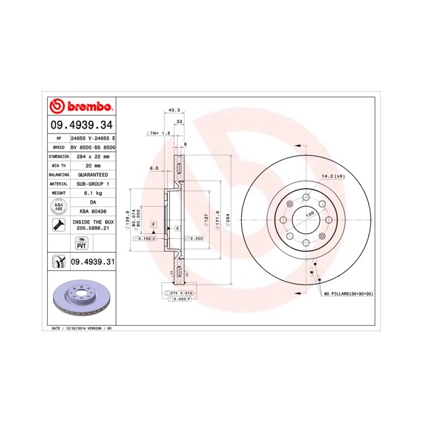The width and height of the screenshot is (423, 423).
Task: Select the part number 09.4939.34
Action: pos(81,126)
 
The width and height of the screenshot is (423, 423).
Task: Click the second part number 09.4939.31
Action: pos(92,261)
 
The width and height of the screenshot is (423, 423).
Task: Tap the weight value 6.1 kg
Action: pos(92,192)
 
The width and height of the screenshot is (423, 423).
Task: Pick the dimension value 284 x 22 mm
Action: pos(92,156)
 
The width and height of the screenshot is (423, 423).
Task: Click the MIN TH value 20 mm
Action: pos(92,165)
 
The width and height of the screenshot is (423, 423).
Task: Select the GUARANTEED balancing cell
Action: pos(92,174)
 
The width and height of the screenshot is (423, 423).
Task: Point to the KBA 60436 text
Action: pos(92,211)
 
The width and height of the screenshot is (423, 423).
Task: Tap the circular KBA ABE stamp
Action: pos(59,207)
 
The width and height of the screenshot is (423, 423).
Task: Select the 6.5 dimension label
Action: pos(153,169)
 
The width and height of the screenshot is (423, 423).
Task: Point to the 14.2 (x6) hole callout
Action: pos(332,176)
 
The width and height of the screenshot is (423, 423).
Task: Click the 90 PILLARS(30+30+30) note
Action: pos(348,293)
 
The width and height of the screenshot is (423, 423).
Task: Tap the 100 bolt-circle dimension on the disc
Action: pos(309,214)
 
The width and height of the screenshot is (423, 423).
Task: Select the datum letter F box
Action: pos(154,224)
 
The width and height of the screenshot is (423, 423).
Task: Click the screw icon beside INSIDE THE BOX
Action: pos(59,226)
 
